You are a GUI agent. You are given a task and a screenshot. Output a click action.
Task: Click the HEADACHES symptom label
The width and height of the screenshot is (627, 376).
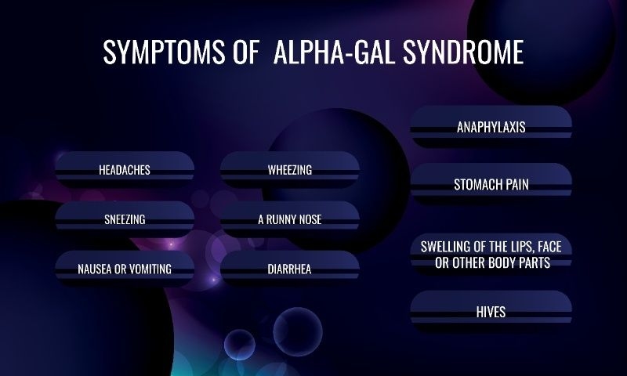click(x=125, y=169)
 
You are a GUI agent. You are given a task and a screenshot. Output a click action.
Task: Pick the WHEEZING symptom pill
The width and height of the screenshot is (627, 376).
click(x=290, y=169)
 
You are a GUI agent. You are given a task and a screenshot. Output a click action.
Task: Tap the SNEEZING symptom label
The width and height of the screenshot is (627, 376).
click(x=125, y=219)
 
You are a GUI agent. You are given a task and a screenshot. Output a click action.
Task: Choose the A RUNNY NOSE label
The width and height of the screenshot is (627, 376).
click(x=290, y=219)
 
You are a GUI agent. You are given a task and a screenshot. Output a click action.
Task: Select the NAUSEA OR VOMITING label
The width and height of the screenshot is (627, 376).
click(x=125, y=269)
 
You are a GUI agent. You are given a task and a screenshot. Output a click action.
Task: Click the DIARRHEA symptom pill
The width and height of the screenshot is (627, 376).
click(x=290, y=269)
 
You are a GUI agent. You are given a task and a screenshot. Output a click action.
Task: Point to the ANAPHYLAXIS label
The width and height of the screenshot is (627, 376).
click(x=491, y=127)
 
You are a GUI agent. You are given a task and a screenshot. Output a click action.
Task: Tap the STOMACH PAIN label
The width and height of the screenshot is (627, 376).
click(x=491, y=186)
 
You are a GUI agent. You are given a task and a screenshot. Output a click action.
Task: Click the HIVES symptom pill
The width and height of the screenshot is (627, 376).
click(x=491, y=312)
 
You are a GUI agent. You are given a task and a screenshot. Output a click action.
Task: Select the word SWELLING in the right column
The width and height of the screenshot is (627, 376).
click(x=445, y=247)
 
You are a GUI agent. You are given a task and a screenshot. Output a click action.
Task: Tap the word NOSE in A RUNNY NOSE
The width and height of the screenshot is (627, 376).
click(x=307, y=219)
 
